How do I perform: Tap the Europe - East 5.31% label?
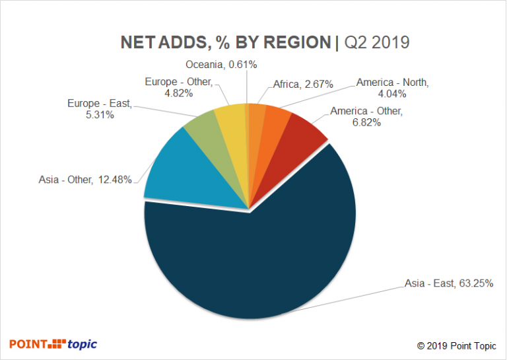(100, 109)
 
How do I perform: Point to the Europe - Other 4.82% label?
(178, 87)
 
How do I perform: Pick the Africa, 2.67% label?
(303, 84)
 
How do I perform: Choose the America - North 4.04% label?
(393, 89)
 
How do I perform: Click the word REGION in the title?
(297, 42)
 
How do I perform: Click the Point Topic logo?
(53, 343)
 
